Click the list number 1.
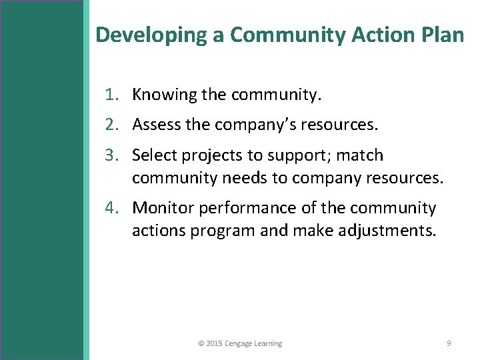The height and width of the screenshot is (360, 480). (x=111, y=95)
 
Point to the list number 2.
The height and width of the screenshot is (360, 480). (x=111, y=125)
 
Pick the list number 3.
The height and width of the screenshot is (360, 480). (x=111, y=156)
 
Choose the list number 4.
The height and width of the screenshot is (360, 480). (x=111, y=208)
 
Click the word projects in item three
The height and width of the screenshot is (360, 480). (x=221, y=156)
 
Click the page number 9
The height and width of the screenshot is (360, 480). (x=449, y=343)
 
